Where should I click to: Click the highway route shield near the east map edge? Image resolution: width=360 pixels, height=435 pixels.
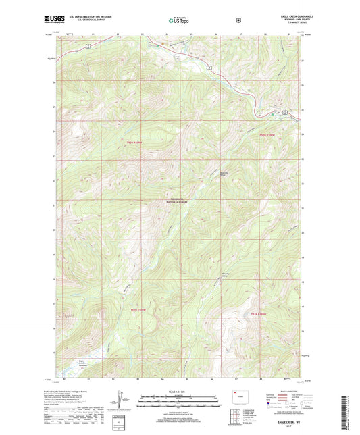[286, 111]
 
